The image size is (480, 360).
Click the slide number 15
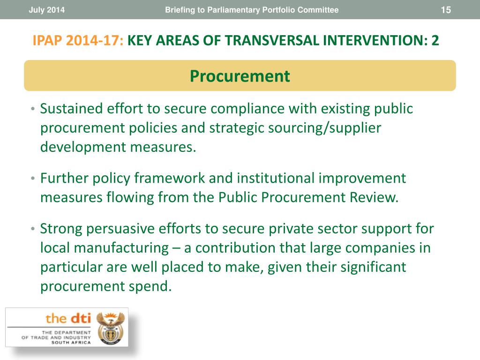446,10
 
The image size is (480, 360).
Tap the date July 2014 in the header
46,10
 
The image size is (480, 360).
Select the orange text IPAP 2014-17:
78,40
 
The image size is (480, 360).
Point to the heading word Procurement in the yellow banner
240,76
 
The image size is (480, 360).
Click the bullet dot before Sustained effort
33,109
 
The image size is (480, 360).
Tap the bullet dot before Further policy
33,178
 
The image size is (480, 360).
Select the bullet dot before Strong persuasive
33,229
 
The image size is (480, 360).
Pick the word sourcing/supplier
324,128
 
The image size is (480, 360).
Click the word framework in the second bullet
170,178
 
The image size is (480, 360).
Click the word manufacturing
121,248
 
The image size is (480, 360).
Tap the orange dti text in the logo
80,319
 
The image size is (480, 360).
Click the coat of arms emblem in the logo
111,329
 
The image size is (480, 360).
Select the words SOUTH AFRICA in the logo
71,343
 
